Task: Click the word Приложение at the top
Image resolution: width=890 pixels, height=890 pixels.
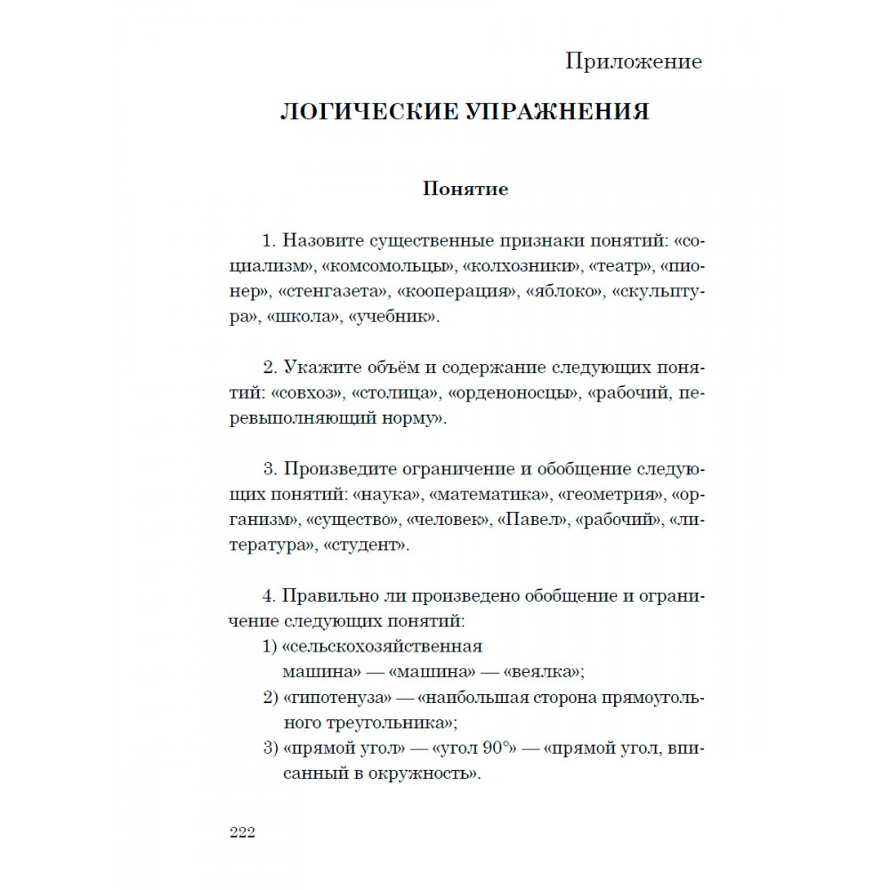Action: [633, 61]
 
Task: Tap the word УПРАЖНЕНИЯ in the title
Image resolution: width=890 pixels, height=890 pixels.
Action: [560, 112]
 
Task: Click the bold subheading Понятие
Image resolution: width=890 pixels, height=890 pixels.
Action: [465, 190]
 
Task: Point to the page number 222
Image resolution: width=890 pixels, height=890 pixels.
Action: [242, 832]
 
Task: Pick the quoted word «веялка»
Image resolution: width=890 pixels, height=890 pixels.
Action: [543, 671]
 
